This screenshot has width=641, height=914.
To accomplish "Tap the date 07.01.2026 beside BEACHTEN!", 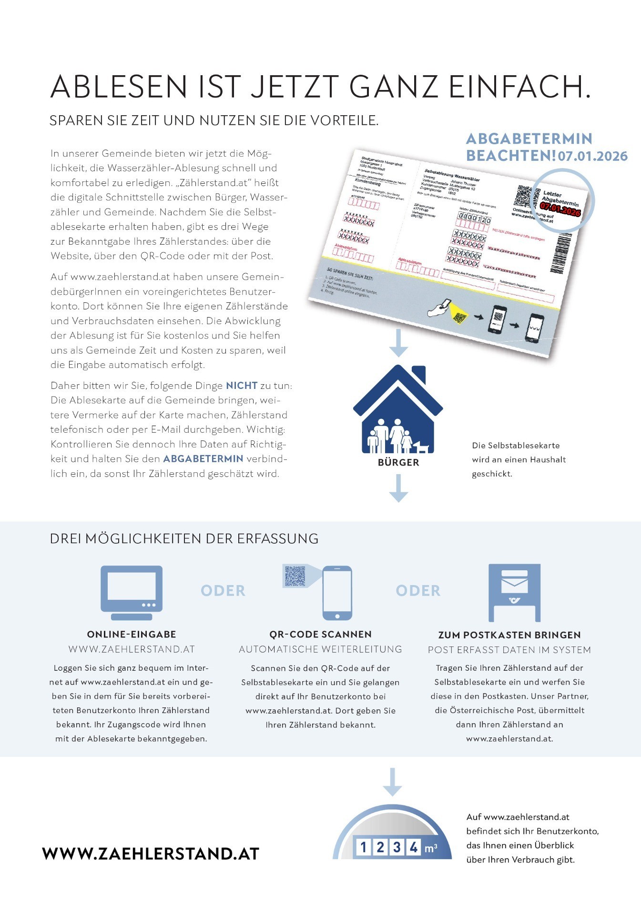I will point(593,156).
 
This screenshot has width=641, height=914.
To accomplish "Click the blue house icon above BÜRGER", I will point(398,409).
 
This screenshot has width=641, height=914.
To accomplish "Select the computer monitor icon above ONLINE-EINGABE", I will point(132,592).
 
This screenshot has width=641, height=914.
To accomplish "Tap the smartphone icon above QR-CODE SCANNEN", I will point(337,593).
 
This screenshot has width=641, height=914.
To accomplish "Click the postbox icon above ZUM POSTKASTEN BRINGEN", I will point(514,593).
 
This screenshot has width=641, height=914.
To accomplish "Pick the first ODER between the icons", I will point(223,591).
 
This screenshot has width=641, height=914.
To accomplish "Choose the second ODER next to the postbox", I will point(418,591).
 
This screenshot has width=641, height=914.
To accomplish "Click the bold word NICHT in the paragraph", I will point(242,386).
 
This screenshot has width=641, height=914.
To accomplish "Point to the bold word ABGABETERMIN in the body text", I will point(203,459).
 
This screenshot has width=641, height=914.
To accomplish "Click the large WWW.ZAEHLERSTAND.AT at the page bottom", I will point(151,854).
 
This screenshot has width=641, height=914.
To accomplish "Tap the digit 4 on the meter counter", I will point(414,847).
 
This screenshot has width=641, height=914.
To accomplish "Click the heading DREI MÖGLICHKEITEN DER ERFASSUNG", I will point(184,539).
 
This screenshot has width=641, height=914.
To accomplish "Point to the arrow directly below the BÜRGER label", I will point(398,488).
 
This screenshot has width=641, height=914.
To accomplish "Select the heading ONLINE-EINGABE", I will point(132,635).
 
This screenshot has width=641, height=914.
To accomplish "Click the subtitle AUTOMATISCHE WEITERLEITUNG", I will point(320,649).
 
